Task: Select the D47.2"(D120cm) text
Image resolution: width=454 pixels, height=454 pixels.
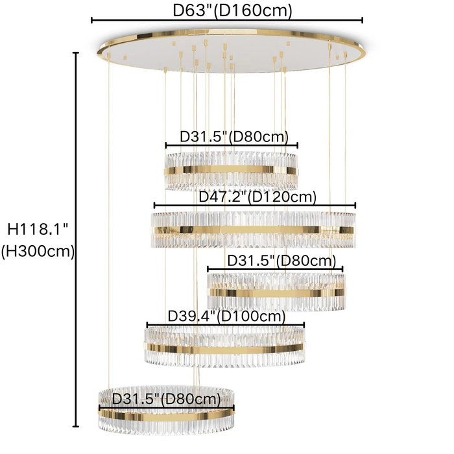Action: tap(257, 197)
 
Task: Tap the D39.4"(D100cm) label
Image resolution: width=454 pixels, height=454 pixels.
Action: tap(226, 316)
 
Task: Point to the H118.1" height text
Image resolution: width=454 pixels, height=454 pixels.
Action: tap(38, 229)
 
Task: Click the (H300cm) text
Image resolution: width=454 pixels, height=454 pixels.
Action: tap(38, 251)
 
